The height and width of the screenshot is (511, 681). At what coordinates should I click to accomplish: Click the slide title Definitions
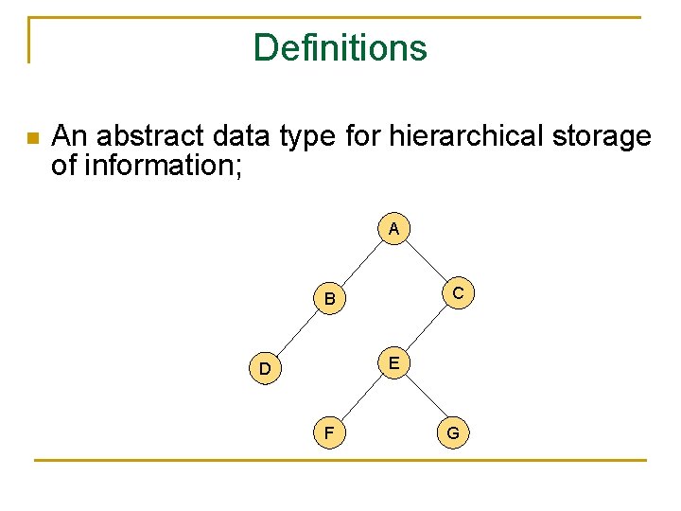pyautogui.click(x=340, y=47)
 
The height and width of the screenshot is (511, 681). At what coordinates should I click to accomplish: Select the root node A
pyautogui.click(x=393, y=229)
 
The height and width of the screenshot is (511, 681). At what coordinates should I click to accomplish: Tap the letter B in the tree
pyautogui.click(x=329, y=300)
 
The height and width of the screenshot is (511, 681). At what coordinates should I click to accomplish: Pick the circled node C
pyautogui.click(x=458, y=293)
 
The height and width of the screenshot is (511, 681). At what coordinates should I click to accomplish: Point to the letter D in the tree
pyautogui.click(x=266, y=368)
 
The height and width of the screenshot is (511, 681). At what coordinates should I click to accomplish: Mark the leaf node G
pyautogui.click(x=453, y=433)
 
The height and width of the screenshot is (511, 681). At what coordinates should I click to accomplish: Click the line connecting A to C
pyautogui.click(x=426, y=261)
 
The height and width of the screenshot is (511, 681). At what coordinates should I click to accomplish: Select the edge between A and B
pyautogui.click(x=361, y=263)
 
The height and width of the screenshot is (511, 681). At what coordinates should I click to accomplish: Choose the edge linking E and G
pyautogui.click(x=424, y=398)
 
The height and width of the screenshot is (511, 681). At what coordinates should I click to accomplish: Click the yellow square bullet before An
pyautogui.click(x=33, y=138)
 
